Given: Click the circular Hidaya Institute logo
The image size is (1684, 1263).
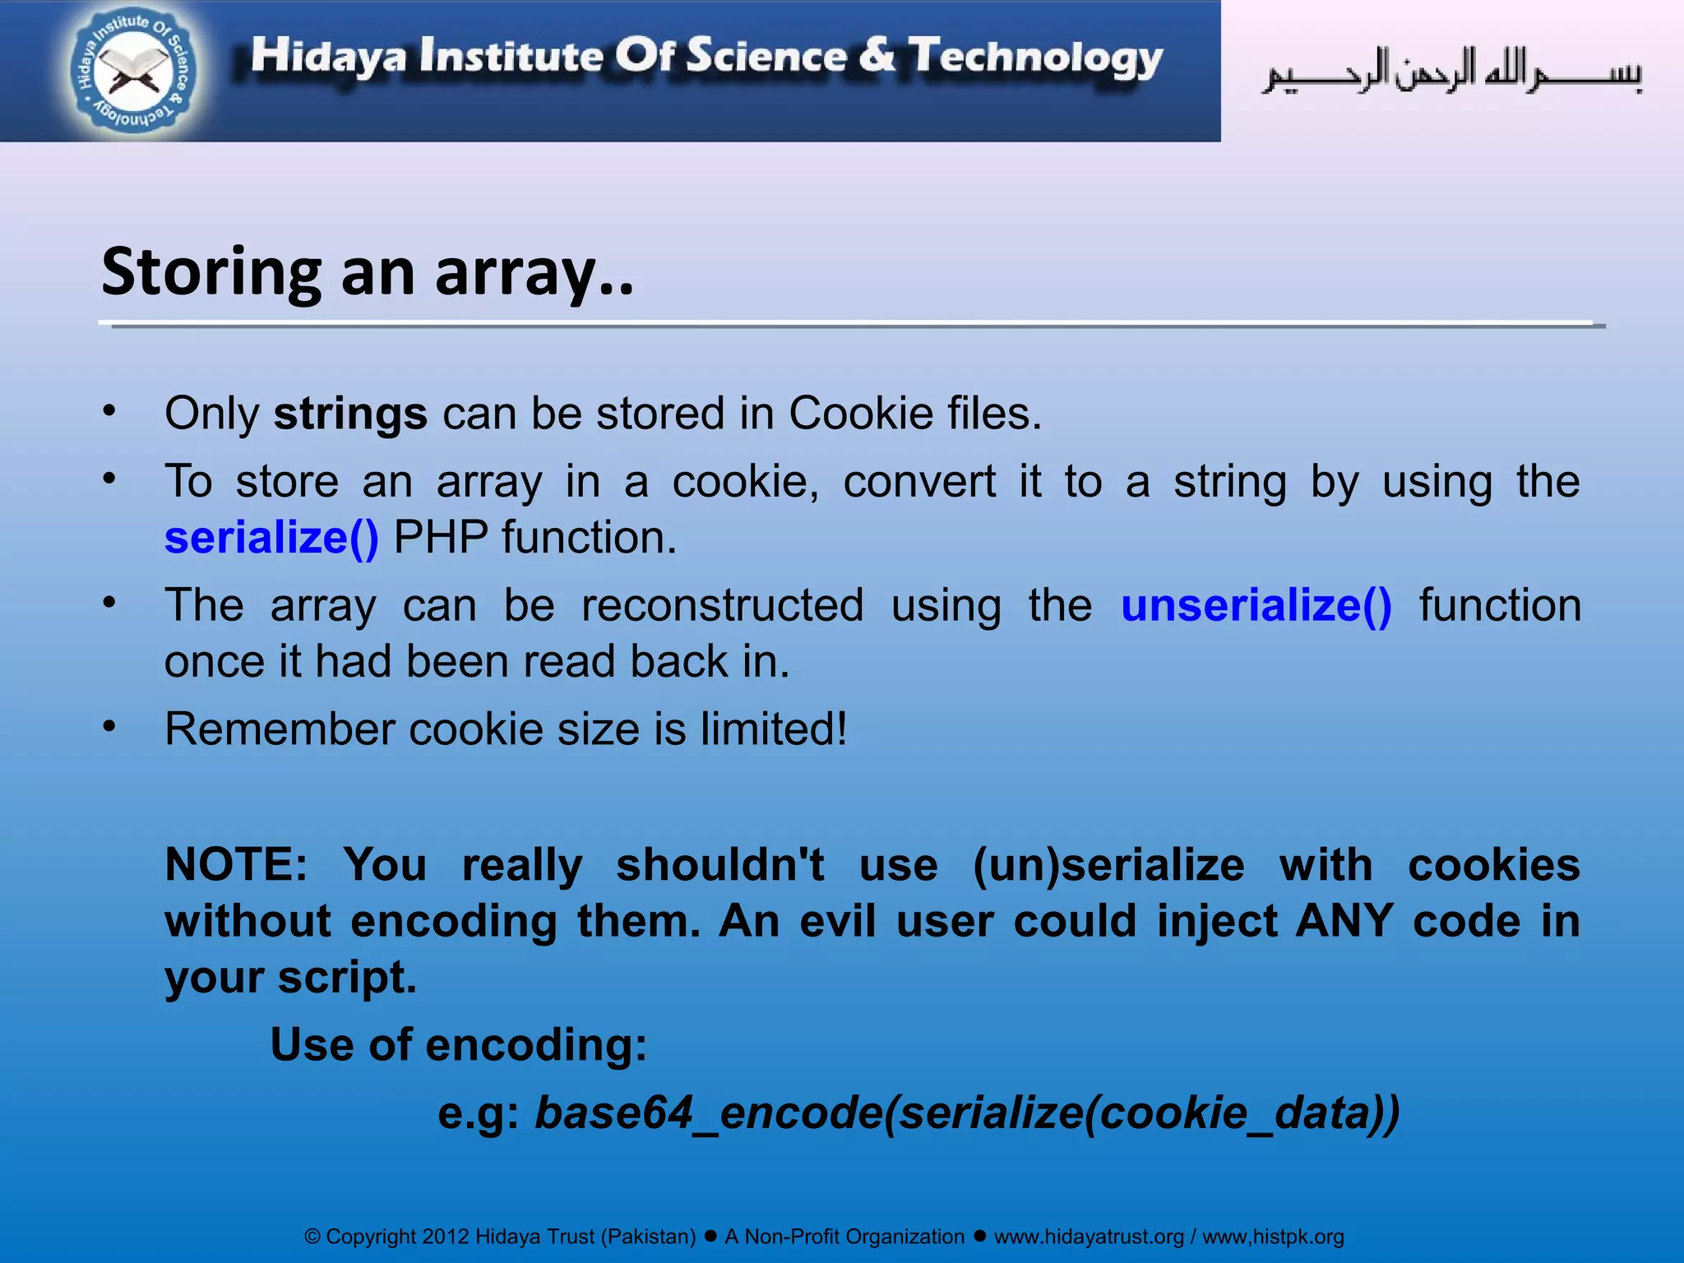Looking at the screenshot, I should [x=134, y=72].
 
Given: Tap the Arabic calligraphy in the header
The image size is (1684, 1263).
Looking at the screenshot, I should [x=1452, y=72].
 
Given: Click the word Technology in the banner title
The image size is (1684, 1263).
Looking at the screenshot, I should [x=1035, y=58].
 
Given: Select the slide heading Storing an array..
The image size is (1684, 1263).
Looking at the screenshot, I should [x=368, y=271].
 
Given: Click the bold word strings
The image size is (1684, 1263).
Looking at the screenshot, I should [x=350, y=414].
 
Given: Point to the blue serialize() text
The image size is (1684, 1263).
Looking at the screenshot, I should [x=271, y=539].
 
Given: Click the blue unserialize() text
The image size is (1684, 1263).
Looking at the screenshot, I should [x=1256, y=606].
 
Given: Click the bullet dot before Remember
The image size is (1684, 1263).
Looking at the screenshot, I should [x=109, y=726].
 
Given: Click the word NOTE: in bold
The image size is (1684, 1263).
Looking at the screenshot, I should [x=236, y=865].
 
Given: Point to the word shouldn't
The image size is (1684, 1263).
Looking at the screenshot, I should [x=719, y=865].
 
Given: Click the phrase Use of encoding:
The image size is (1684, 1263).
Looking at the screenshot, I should [x=459, y=1045].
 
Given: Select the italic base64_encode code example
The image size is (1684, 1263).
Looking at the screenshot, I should [x=967, y=1113].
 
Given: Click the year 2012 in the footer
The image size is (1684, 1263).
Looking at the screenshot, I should [x=445, y=1237].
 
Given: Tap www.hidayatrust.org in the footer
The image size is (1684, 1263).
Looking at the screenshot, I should [x=1089, y=1237].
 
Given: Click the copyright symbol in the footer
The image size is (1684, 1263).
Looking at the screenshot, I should [x=312, y=1238].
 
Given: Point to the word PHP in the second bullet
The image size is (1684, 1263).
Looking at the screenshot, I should [x=441, y=539].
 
